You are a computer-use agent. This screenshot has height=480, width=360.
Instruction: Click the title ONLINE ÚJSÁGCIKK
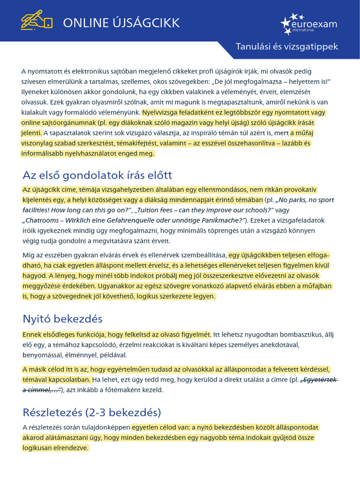pos(121,22)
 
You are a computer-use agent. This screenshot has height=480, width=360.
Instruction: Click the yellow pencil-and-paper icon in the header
pos(36,21)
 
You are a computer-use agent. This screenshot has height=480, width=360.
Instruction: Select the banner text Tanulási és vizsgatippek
pos(286,47)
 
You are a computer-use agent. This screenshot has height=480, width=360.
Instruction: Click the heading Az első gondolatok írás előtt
pos(97,175)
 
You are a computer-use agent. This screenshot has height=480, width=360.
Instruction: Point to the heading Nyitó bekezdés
pos(62,319)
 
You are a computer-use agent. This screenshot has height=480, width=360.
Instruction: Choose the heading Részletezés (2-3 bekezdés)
pos(92,412)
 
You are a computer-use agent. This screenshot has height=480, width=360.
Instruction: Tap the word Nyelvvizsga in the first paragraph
pos(162,112)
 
